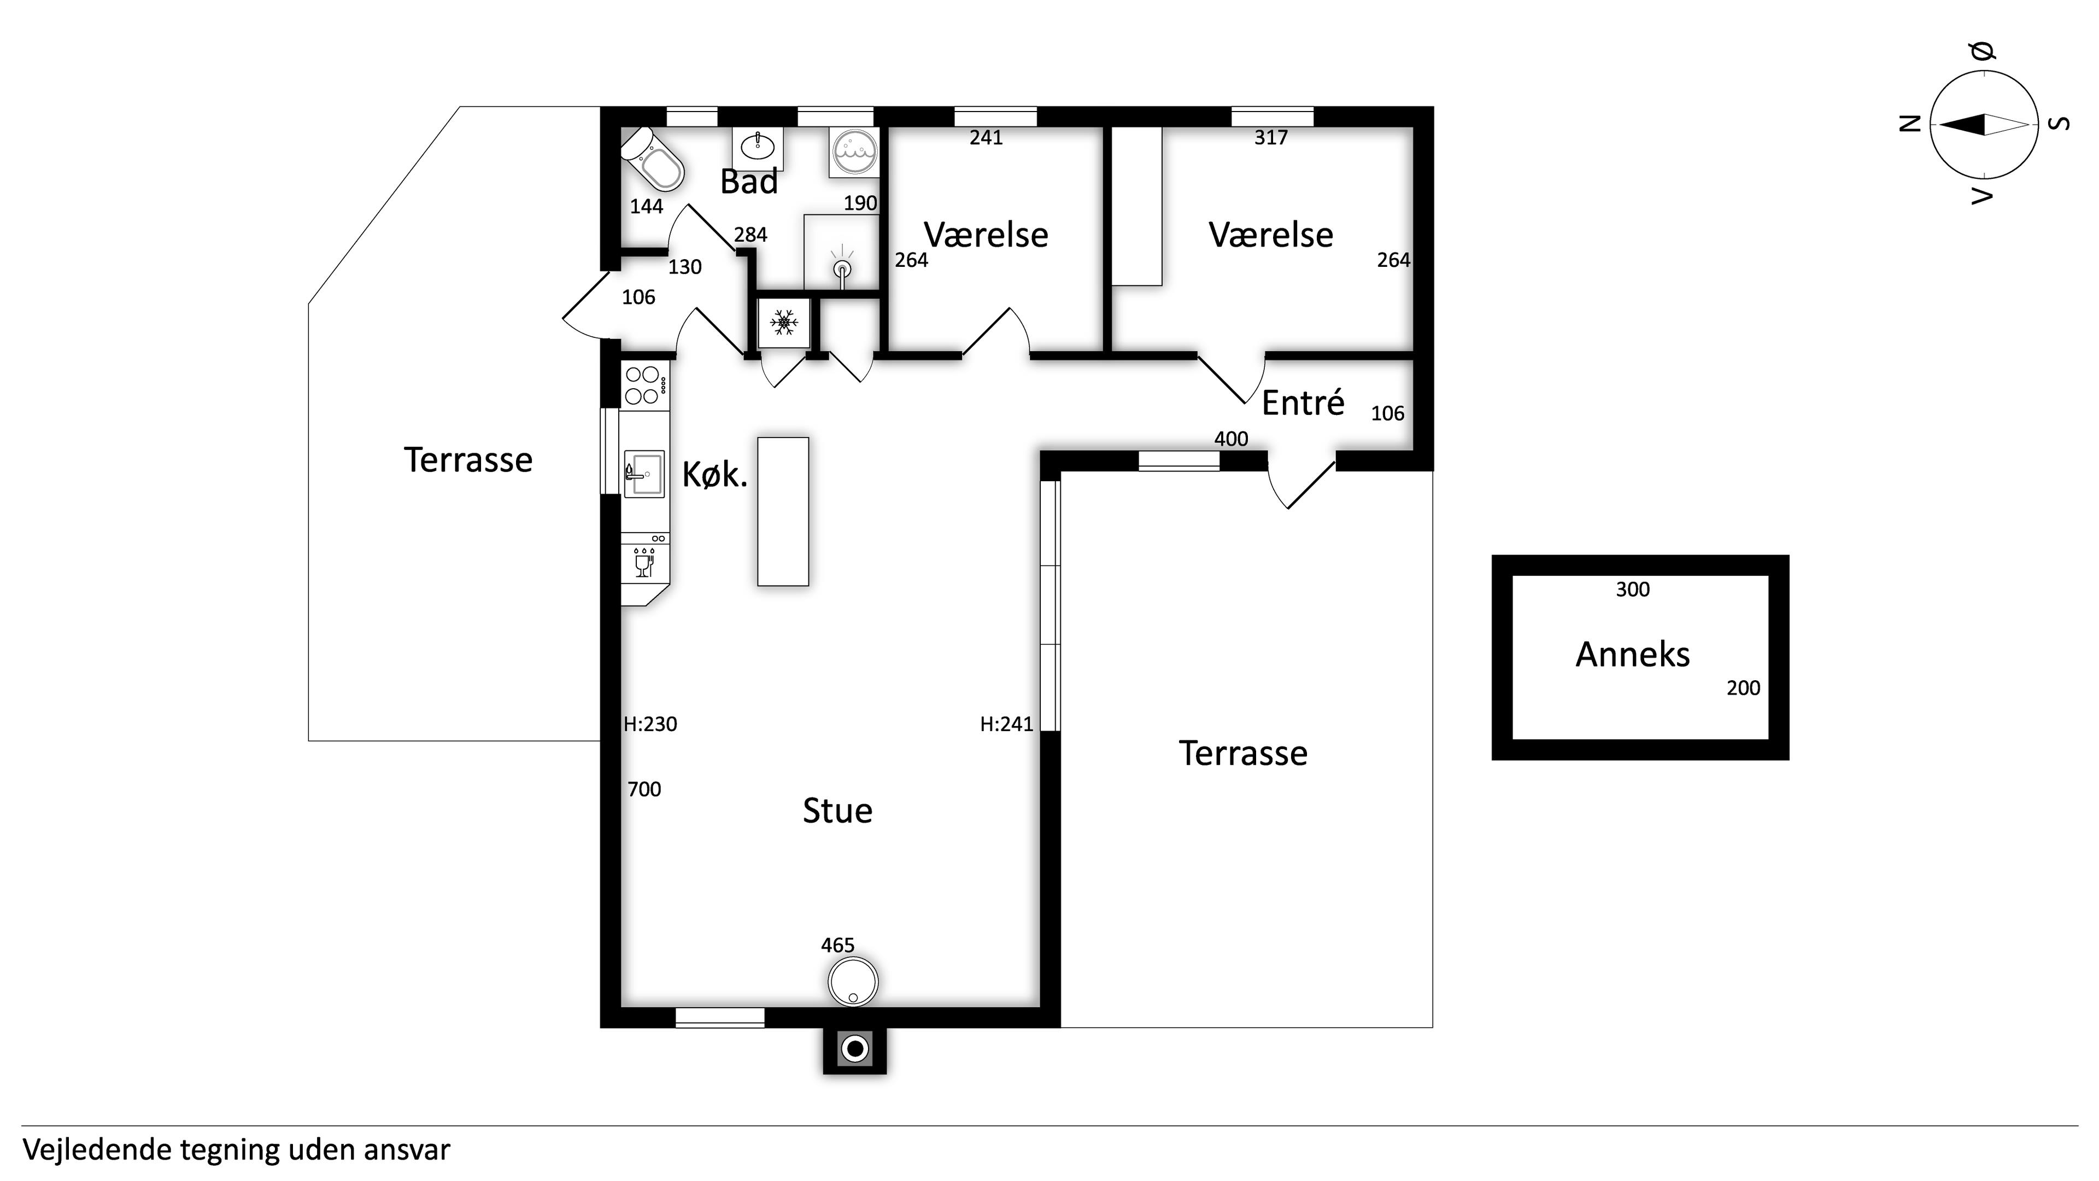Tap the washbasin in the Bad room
[x=758, y=148]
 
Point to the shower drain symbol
[x=842, y=269]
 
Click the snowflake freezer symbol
[x=784, y=322]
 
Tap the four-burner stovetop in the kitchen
[x=643, y=385]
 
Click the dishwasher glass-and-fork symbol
[x=644, y=563]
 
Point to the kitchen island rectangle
[x=783, y=512]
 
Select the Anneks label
[x=1633, y=654]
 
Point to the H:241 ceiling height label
[x=1006, y=724]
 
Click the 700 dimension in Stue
[x=644, y=789]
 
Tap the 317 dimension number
[x=1271, y=138]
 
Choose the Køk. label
[x=714, y=475]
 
